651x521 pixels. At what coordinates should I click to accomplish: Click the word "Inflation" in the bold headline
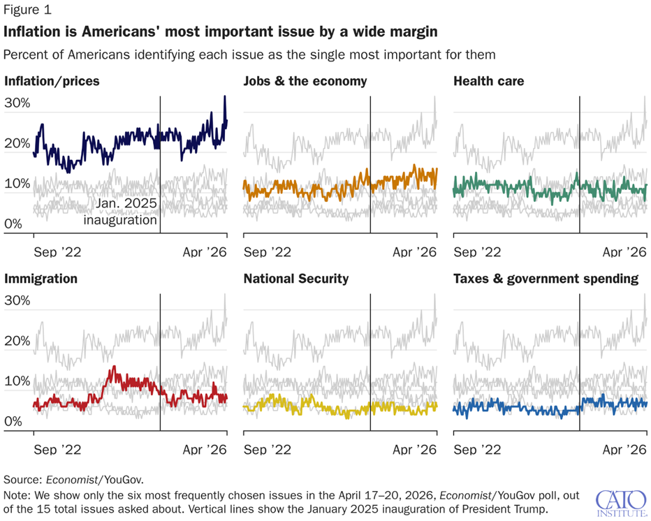coord(31,32)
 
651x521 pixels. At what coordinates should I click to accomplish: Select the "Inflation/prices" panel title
coord(52,82)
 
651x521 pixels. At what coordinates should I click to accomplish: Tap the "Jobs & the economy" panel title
coord(305,82)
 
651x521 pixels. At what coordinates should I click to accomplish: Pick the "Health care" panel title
coord(488,82)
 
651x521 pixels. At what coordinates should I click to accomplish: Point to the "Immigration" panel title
coord(41,279)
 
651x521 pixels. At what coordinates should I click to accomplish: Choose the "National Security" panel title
coord(295,279)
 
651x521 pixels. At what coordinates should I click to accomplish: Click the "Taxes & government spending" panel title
coord(546,279)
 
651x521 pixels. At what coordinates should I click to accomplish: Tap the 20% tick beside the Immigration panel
coord(18,342)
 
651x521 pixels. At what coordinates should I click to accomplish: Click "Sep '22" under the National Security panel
coord(267,450)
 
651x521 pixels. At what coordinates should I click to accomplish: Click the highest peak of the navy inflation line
coord(225,96)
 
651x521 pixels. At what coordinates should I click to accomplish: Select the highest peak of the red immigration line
coord(112,367)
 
